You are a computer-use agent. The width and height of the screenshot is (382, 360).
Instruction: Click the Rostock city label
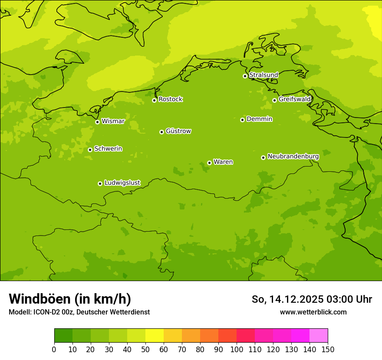pyautogui.click(x=170, y=99)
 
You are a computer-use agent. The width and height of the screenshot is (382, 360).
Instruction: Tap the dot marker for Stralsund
pyautogui.click(x=245, y=76)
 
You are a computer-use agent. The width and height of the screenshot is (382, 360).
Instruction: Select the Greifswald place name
pyautogui.click(x=295, y=99)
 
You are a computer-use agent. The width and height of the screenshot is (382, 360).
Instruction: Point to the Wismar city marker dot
pyautogui.click(x=97, y=122)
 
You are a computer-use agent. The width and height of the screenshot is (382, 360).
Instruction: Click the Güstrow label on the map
pyautogui.click(x=178, y=131)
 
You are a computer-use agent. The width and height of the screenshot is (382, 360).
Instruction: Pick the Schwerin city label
pyautogui.click(x=108, y=149)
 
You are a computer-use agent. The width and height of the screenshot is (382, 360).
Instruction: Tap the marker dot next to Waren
pyautogui.click(x=209, y=163)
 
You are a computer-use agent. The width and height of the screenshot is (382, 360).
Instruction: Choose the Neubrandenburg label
pyautogui.click(x=293, y=157)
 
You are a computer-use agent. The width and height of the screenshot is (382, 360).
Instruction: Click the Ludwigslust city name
pyautogui.click(x=122, y=183)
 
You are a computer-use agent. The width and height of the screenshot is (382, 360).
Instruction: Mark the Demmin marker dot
pyautogui.click(x=242, y=120)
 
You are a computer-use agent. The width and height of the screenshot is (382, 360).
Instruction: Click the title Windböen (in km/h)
pyautogui.click(x=70, y=299)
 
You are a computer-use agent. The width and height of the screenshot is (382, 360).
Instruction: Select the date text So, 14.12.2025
pyautogui.click(x=287, y=299)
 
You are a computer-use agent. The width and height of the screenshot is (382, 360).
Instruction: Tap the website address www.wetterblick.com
pyautogui.click(x=313, y=312)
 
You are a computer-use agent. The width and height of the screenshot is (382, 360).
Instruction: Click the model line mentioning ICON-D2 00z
pyautogui.click(x=79, y=312)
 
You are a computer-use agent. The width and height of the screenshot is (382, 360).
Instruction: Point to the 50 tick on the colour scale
pyautogui.click(x=145, y=349)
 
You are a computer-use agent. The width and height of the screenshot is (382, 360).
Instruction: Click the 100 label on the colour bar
pyautogui.click(x=237, y=349)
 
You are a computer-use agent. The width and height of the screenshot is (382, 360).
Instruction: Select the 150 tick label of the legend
pyautogui.click(x=328, y=349)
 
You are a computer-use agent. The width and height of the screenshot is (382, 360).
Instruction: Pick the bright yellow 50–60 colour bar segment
pyautogui.click(x=155, y=336)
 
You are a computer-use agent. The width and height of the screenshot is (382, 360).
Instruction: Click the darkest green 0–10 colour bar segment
pyautogui.click(x=63, y=336)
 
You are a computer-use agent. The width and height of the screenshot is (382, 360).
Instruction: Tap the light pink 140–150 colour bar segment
pyautogui.click(x=319, y=336)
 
